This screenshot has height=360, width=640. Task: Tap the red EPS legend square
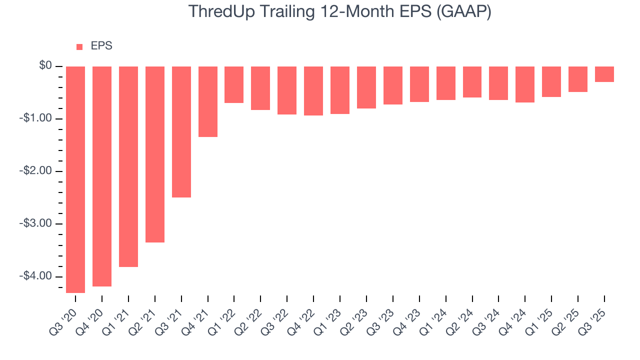coord(79,47)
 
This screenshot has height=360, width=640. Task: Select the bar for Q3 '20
coord(75,179)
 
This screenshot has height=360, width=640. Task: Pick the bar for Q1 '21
coord(128,166)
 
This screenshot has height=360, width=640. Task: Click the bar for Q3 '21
coord(181,132)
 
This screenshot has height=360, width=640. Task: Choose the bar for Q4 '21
coord(208,101)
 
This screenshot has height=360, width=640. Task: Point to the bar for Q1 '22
coord(234,85)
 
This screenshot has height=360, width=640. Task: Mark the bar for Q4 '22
coord(313,91)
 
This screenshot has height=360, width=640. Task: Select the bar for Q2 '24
coord(472,82)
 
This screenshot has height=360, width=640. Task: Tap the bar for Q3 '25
coord(604,74)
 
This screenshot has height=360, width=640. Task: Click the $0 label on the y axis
coord(46,66)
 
